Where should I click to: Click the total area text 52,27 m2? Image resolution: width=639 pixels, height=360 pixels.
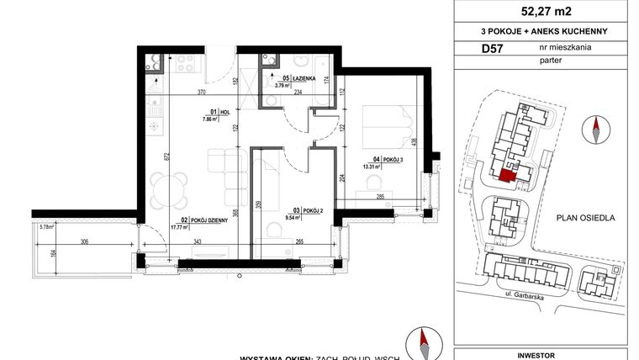(545, 12)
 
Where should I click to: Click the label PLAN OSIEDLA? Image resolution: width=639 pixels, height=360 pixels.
(586, 218)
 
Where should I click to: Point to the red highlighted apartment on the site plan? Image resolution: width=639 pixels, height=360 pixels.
(507, 175)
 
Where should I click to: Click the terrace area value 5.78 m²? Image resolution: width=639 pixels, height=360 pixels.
(46, 226)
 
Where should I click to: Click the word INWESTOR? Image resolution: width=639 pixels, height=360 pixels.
(544, 355)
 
